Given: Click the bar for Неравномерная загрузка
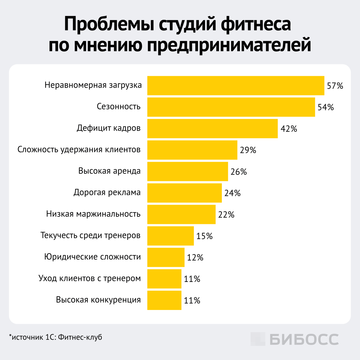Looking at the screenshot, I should tap(236, 86).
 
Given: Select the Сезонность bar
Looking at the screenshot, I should tap(231, 107).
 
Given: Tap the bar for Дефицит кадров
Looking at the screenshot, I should tap(212, 128).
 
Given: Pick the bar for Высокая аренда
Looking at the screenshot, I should tap(187, 171).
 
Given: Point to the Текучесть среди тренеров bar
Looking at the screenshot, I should tap(170, 236).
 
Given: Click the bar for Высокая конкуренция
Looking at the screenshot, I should tap(164, 300).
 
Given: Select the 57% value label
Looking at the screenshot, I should tap(335, 86).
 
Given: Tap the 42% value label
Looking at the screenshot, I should tap(289, 129).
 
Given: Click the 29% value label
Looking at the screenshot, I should tap(248, 150).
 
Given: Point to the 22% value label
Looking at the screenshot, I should tap(226, 215).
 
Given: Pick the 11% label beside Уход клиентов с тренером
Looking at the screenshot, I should tap(192, 279).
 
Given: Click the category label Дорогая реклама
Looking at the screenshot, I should tap(107, 193).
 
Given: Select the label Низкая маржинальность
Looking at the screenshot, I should tap(93, 214).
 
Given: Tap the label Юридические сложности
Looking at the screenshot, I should tap(92, 257).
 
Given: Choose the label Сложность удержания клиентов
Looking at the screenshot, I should tap(79, 149).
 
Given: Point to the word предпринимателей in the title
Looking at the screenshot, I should tap(229, 45).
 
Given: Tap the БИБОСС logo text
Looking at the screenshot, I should tap(304, 339).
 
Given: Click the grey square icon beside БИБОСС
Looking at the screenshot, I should tap(258, 339).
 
